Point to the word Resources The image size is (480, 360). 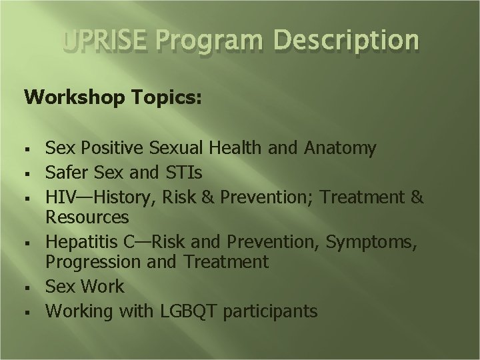pos(87,217)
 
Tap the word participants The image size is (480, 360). pos(273,311)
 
